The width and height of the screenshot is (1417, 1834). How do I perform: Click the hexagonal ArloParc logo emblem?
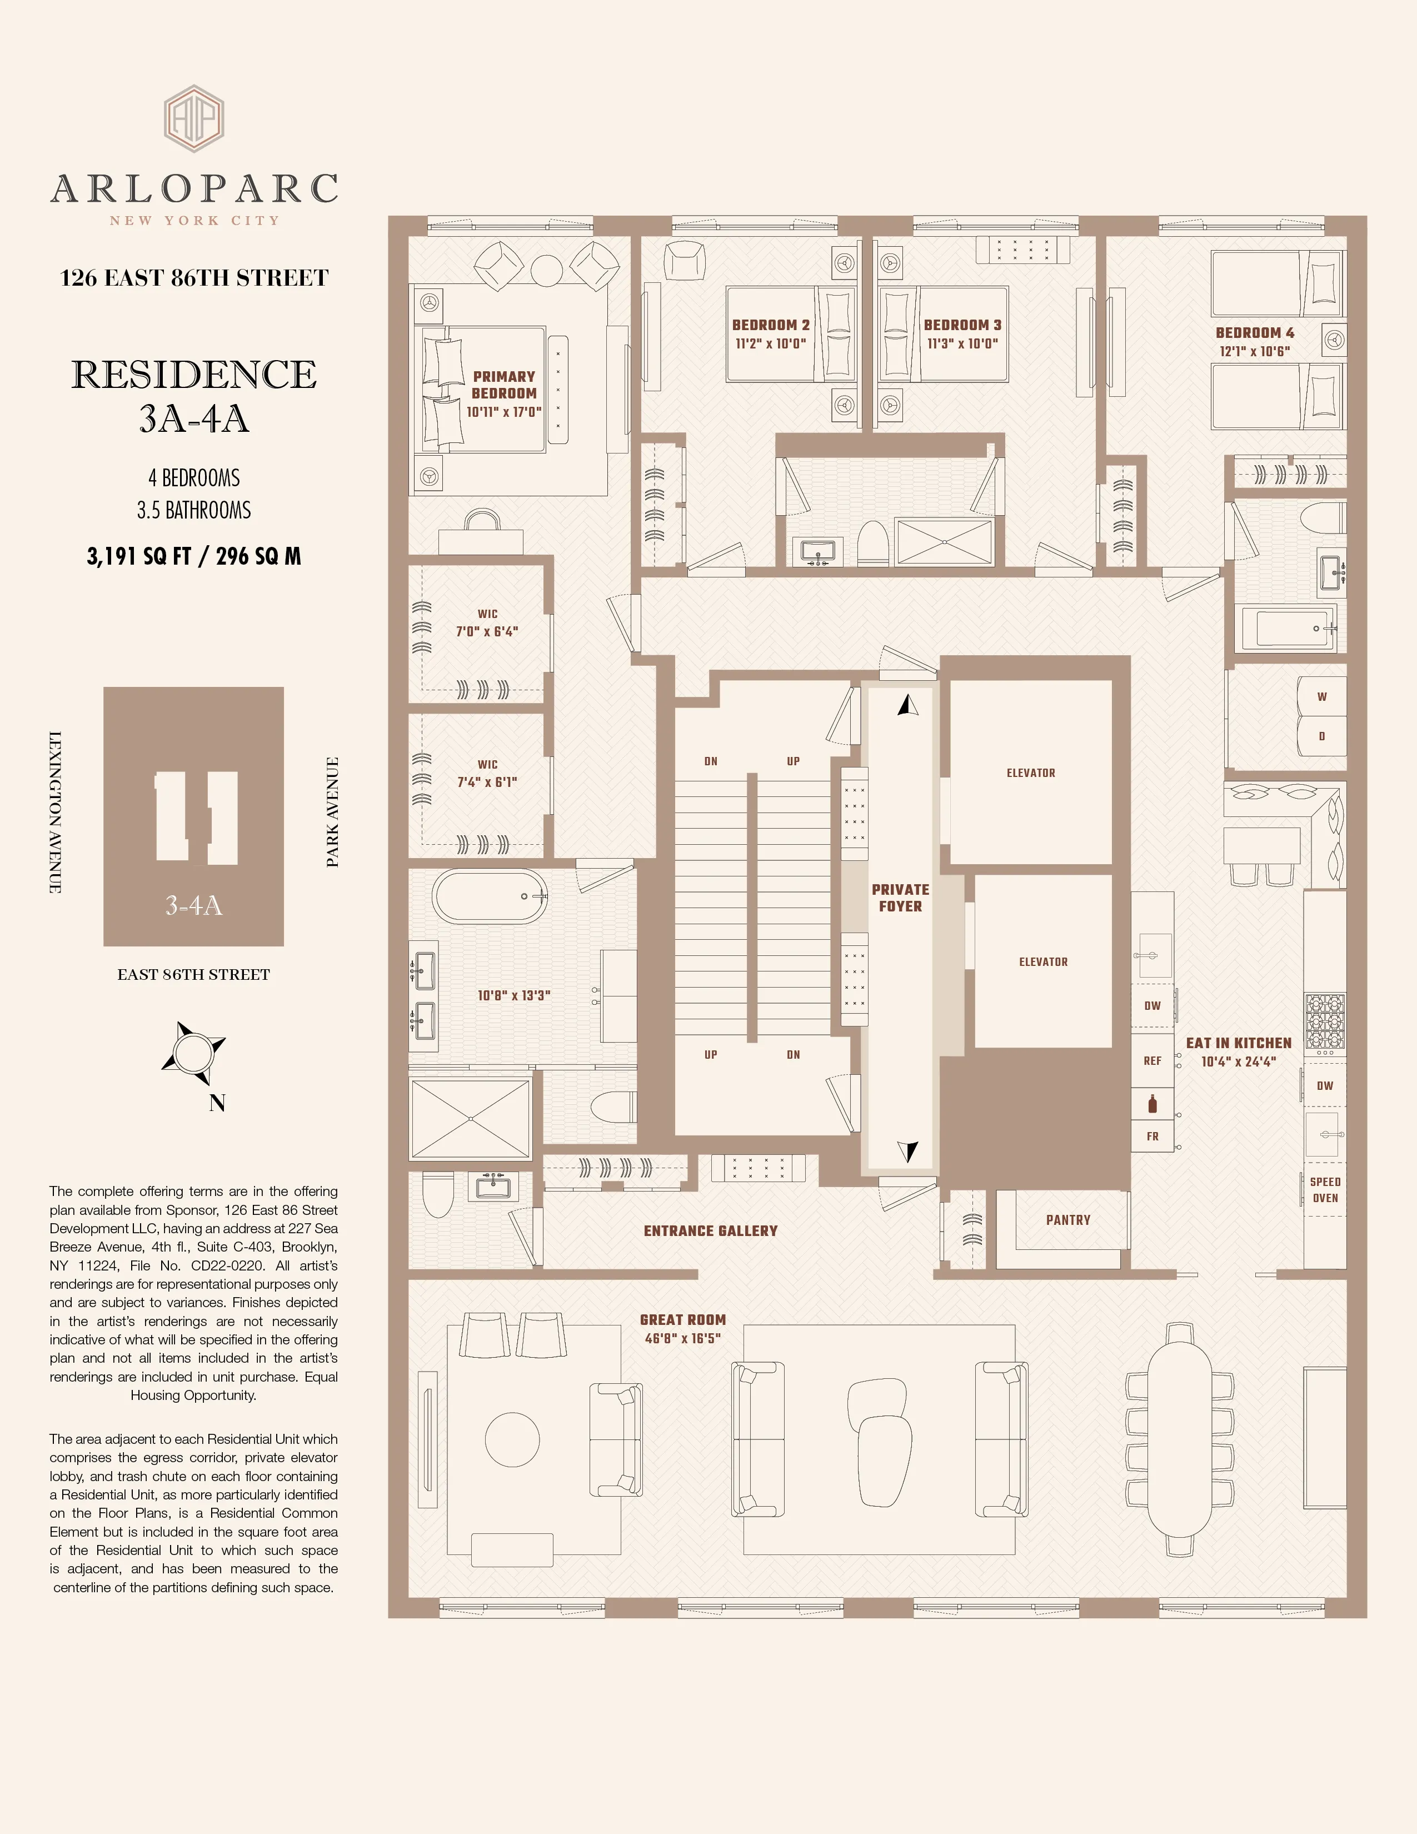(194, 118)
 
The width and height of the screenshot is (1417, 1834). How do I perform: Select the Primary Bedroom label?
(503, 385)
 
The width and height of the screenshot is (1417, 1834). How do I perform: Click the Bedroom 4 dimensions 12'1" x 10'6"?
(1254, 352)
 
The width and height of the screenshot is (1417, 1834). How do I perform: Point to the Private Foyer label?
(900, 898)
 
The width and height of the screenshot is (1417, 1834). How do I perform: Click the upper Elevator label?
(1031, 773)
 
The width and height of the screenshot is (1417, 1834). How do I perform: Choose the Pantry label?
(1068, 1219)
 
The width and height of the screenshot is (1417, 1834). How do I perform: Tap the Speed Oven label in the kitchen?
(1325, 1190)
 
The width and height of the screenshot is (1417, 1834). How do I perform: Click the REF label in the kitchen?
(1152, 1060)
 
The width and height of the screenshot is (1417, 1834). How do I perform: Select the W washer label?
(1321, 696)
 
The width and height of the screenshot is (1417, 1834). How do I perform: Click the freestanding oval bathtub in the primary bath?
(490, 896)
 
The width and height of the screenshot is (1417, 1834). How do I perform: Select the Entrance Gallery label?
(710, 1230)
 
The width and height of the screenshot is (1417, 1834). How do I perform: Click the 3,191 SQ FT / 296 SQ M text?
(194, 556)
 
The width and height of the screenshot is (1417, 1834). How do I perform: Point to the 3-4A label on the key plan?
(194, 905)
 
